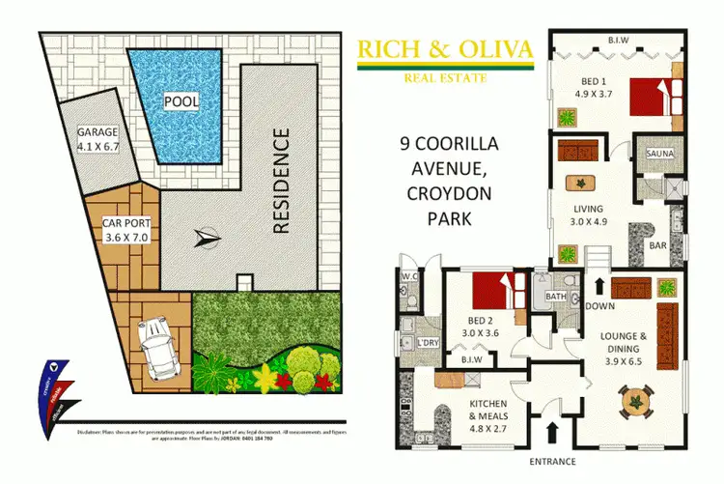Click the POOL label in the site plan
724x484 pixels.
pos(181,101)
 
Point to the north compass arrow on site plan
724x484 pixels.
pos(208,238)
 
